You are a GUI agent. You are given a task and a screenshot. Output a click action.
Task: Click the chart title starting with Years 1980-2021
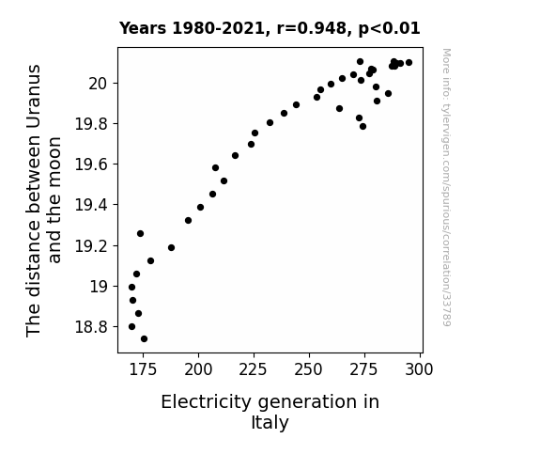(x=270, y=28)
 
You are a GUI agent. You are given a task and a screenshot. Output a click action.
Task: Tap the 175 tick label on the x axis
(x=143, y=369)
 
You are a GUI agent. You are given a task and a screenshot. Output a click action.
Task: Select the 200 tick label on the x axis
(x=198, y=369)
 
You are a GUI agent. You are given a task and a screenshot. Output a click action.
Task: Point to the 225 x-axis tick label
(x=254, y=369)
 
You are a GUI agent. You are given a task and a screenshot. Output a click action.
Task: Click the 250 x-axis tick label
(x=309, y=369)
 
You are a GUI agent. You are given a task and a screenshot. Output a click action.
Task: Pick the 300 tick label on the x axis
(x=420, y=369)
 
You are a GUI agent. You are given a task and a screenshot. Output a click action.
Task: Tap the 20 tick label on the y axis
(x=99, y=84)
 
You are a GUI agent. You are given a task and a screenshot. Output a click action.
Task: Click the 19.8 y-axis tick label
(x=92, y=124)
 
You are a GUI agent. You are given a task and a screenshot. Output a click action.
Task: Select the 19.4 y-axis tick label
(x=92, y=205)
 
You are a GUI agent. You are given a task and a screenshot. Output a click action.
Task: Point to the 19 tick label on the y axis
(x=100, y=286)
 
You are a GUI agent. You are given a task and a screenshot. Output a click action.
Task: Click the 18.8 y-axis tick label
(x=92, y=326)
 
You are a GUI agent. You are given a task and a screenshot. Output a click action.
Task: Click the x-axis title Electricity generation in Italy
(x=270, y=412)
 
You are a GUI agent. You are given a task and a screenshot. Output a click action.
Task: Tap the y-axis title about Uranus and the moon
(x=43, y=200)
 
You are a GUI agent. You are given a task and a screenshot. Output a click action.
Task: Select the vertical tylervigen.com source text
(x=447, y=187)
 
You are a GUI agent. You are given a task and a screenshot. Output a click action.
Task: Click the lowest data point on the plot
(x=144, y=339)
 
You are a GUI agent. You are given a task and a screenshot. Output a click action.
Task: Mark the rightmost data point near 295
(x=409, y=62)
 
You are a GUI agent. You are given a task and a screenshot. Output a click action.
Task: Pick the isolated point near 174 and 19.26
(x=140, y=233)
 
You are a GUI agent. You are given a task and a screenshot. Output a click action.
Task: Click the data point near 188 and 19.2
(x=171, y=247)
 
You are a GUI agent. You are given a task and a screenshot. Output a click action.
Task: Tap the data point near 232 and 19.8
(x=270, y=123)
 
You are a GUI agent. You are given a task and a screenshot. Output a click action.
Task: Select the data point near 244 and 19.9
(x=296, y=105)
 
